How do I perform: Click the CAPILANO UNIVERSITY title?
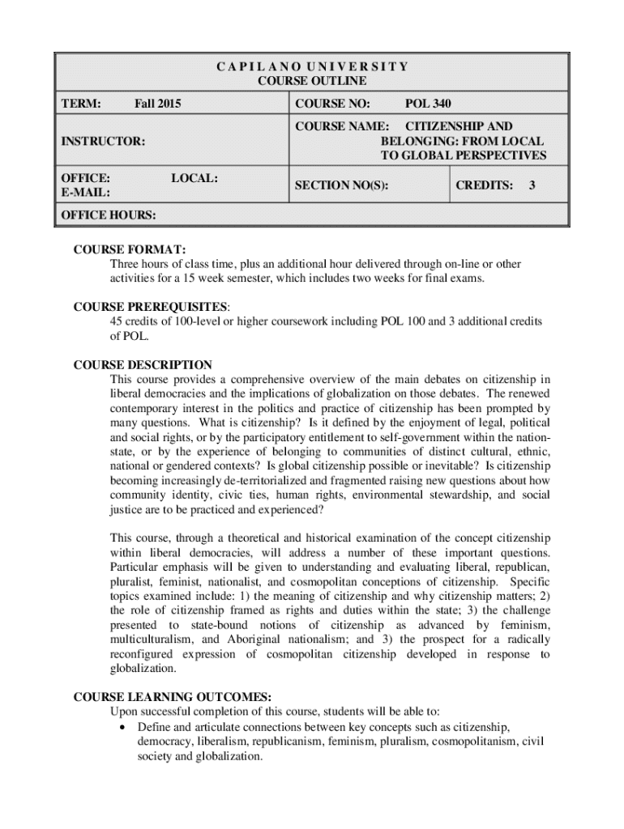tap(312, 66)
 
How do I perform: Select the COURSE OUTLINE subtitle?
tap(312, 81)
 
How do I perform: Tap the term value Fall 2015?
tap(158, 104)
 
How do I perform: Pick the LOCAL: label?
tap(195, 177)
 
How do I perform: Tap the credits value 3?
tap(532, 185)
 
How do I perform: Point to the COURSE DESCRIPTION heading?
tap(143, 365)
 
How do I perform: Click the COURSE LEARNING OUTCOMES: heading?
tap(173, 697)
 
